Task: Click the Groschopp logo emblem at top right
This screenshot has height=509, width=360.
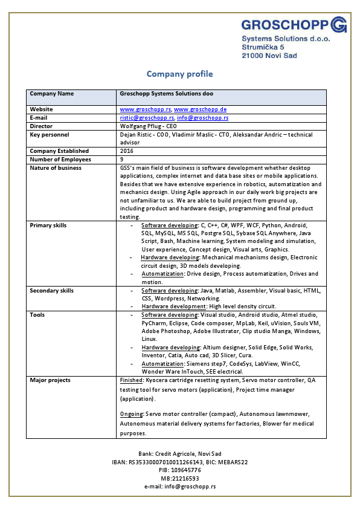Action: click(x=338, y=25)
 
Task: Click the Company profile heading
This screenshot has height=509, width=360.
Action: click(x=179, y=74)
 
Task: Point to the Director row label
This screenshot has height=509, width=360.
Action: click(x=41, y=126)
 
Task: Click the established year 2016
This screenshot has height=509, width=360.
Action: click(x=126, y=151)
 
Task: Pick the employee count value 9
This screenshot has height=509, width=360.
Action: click(x=122, y=160)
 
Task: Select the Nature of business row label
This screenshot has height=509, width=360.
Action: click(x=56, y=168)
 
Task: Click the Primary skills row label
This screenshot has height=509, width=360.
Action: click(x=48, y=225)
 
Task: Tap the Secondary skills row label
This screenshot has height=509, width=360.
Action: click(x=51, y=291)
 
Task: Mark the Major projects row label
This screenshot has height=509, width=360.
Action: click(x=50, y=380)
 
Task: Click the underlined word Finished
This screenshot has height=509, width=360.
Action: click(x=132, y=380)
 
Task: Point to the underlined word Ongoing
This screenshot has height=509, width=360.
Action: click(x=132, y=414)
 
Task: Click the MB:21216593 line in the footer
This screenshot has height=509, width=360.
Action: click(x=179, y=478)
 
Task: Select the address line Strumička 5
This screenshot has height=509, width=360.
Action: click(x=263, y=47)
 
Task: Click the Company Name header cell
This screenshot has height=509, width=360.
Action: click(x=52, y=94)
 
